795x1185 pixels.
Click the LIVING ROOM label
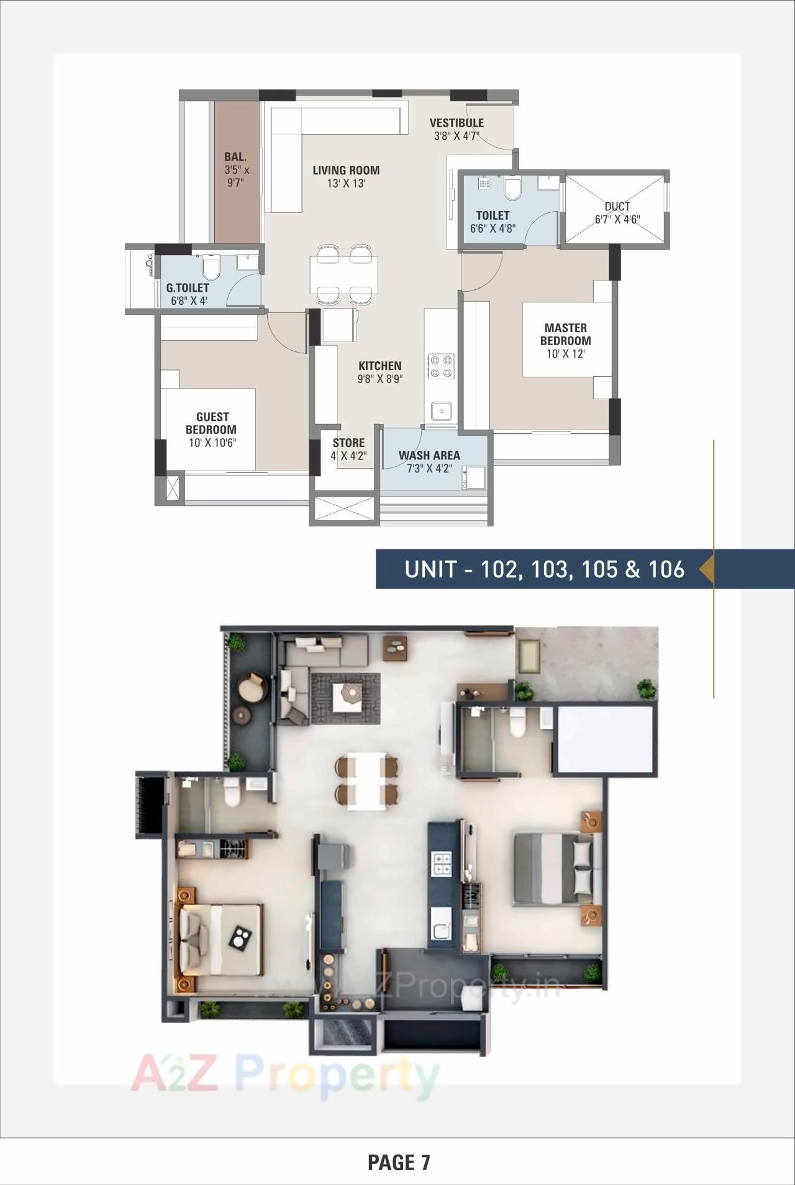click(346, 170)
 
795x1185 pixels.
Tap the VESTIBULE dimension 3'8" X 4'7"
click(456, 136)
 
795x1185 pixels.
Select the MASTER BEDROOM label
click(565, 334)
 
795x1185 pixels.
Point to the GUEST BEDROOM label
click(212, 423)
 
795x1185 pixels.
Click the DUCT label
click(617, 206)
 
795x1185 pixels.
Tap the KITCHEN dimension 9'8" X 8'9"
click(380, 379)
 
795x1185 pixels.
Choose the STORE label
click(348, 443)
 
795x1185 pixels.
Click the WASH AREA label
click(429, 455)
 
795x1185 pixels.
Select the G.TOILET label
click(188, 288)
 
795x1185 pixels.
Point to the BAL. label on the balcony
click(235, 157)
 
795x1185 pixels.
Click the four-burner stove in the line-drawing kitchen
click(441, 366)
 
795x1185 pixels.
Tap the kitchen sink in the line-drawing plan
click(442, 410)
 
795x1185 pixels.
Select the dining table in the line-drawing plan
click(343, 274)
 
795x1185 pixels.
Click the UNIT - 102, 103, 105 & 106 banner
click(544, 569)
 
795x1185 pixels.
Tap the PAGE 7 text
click(398, 1162)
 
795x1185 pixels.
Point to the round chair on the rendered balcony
click(253, 687)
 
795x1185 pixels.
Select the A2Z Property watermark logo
click(284, 1075)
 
